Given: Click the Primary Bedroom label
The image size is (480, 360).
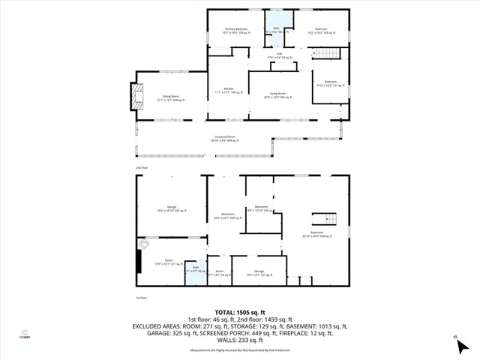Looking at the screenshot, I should coord(235,31).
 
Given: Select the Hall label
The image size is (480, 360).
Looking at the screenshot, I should coord(279,55).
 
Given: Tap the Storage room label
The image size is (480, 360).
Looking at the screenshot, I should coord(259,273).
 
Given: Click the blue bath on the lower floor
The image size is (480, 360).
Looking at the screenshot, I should coord(195,271).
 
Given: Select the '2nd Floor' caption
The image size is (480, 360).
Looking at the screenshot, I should coord(141,166).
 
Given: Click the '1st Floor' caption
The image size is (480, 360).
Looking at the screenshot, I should coord(141,298).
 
